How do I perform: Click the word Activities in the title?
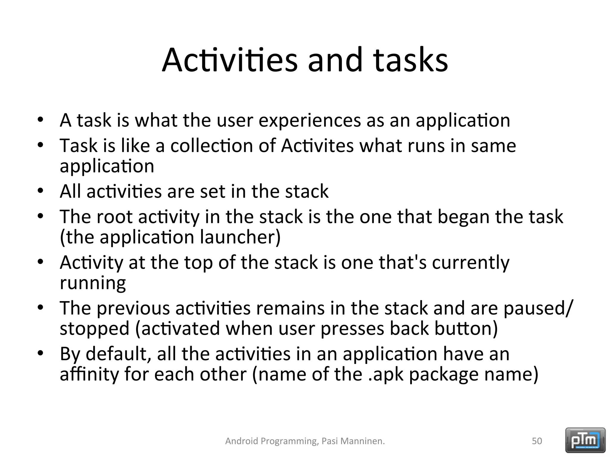(x=229, y=60)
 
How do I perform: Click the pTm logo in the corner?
(x=585, y=440)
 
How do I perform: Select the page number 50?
(x=537, y=441)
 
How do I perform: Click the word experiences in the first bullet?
(x=309, y=121)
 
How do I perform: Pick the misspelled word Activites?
(x=317, y=146)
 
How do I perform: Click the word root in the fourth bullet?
(x=114, y=217)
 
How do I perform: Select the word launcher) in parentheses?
(x=240, y=237)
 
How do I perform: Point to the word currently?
(x=471, y=263)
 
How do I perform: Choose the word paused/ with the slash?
(x=538, y=308)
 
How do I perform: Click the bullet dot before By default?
(x=41, y=353)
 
